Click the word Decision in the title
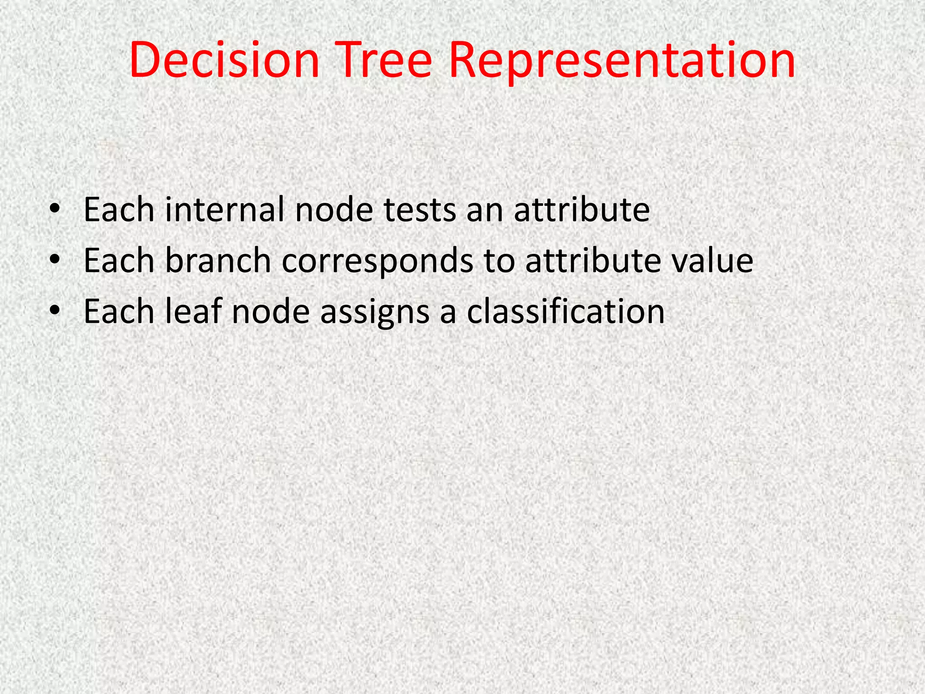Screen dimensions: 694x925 point(224,61)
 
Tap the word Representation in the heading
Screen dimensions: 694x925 point(621,61)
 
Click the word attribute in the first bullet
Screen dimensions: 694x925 point(582,210)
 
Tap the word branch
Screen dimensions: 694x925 point(218,261)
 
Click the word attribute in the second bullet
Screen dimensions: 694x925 point(593,261)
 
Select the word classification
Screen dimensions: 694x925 point(565,311)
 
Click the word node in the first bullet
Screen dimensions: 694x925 point(334,210)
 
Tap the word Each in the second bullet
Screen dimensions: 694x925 point(119,261)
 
